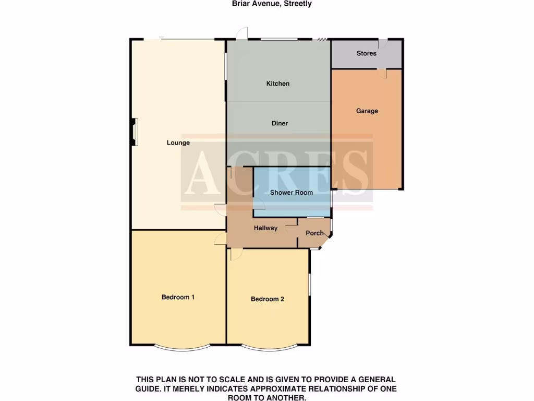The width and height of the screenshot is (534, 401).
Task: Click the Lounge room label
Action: [x=178, y=143]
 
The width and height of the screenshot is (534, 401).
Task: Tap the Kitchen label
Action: [x=278, y=84]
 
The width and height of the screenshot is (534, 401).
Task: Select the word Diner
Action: [x=280, y=123]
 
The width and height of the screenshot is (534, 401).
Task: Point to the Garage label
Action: [x=367, y=111]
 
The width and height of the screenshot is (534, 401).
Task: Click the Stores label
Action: [x=367, y=53]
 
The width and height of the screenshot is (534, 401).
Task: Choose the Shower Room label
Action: [x=292, y=192]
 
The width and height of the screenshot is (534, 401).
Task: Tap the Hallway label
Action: [x=265, y=228]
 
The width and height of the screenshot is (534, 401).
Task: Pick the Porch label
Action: [x=314, y=233]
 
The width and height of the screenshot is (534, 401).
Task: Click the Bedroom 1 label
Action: [x=178, y=297]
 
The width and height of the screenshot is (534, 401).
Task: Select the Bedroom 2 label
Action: [x=268, y=299]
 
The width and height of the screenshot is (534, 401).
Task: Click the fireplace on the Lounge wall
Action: [x=135, y=131]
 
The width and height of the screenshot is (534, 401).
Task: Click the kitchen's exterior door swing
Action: [x=241, y=34]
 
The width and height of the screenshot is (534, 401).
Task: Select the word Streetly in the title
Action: [x=298, y=4]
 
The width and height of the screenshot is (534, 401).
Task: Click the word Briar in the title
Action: [x=241, y=4]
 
